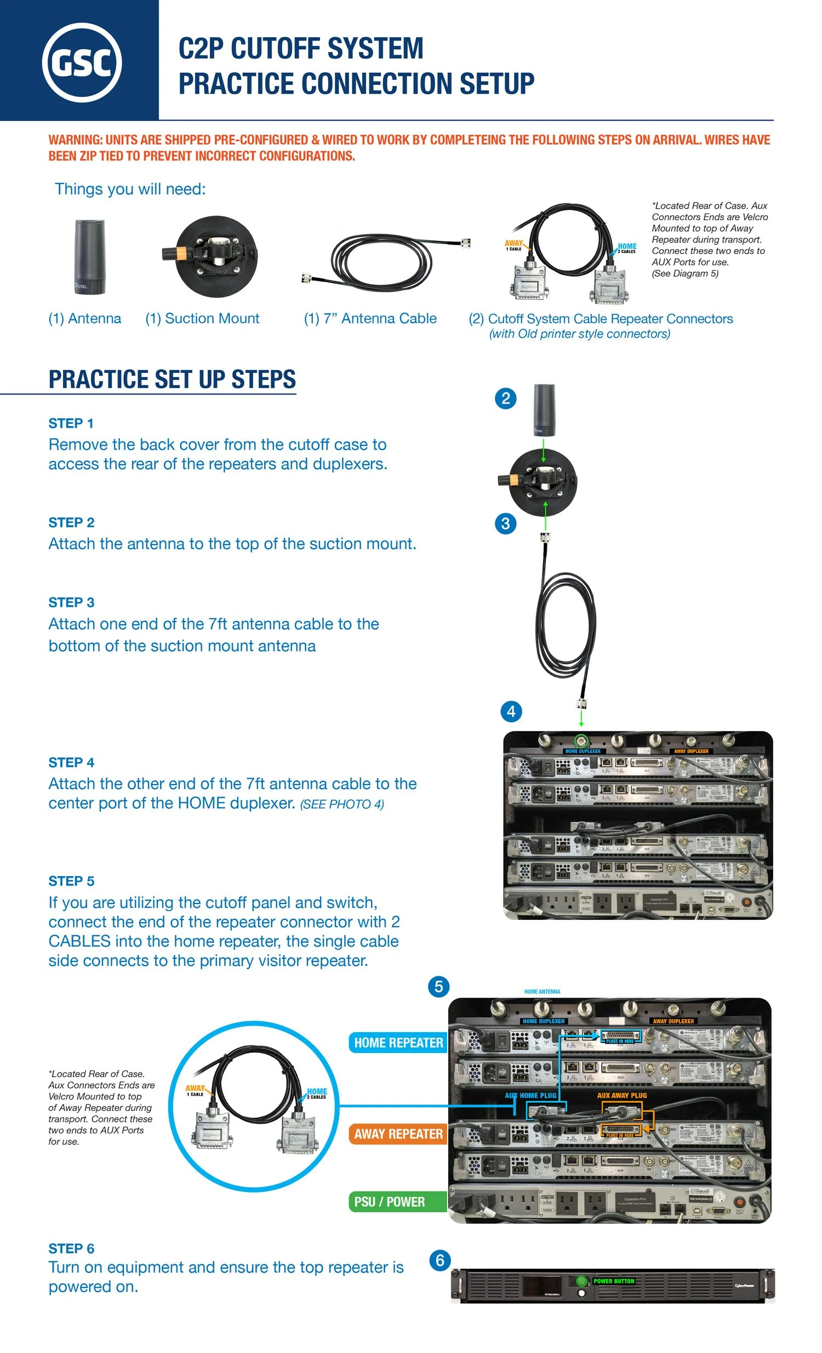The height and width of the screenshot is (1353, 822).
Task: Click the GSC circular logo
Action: click(x=82, y=62)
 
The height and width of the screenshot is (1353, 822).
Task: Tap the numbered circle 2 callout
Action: click(x=505, y=398)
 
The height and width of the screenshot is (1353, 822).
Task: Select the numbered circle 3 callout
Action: click(x=505, y=523)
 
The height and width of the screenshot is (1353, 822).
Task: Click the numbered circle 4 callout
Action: click(x=511, y=712)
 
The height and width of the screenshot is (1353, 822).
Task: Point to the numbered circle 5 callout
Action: click(x=438, y=987)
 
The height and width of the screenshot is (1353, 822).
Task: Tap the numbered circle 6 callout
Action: click(x=439, y=1260)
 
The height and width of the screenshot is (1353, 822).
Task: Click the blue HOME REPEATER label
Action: click(x=398, y=1043)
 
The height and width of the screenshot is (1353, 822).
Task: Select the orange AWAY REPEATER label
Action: click(x=398, y=1134)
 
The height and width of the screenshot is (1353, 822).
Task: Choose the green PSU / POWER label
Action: click(x=390, y=1202)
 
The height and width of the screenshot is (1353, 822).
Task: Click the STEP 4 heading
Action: click(x=71, y=762)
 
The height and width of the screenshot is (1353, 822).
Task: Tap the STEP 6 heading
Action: click(x=71, y=1248)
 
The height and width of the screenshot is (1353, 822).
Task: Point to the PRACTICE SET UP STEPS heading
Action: click(x=172, y=379)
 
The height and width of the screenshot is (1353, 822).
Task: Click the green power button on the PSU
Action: click(x=581, y=1281)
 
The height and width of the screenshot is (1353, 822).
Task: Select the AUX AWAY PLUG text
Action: click(x=622, y=1096)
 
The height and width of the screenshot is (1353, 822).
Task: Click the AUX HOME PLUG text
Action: click(x=530, y=1096)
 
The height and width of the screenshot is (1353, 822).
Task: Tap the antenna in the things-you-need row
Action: click(x=89, y=257)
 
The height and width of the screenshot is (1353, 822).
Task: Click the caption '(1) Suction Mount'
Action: click(x=202, y=319)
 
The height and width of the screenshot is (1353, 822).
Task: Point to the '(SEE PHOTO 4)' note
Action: click(x=342, y=804)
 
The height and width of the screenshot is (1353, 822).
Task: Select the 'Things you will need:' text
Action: click(x=130, y=189)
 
